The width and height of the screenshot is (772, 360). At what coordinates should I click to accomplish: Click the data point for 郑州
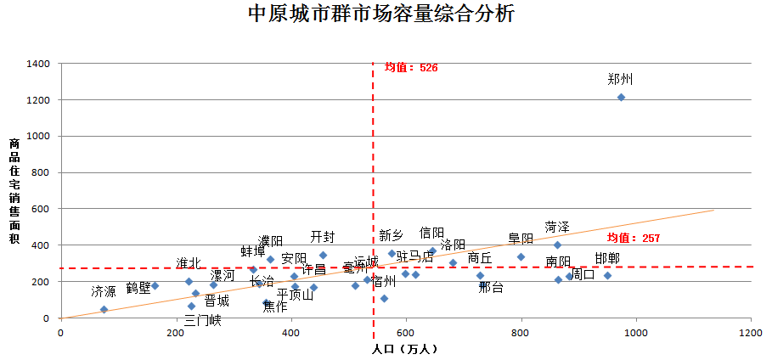point(621,97)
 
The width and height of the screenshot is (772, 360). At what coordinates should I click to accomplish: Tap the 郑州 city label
point(620,79)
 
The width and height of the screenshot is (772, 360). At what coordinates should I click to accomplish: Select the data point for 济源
point(104,309)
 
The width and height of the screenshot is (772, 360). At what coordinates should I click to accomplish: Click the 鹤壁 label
point(138,288)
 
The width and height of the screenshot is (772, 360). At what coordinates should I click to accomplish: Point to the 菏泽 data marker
point(557,245)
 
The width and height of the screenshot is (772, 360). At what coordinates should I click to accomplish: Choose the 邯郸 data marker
point(607,275)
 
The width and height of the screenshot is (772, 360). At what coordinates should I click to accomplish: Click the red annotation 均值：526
point(410,67)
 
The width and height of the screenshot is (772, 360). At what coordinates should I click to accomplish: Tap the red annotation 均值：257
point(633,239)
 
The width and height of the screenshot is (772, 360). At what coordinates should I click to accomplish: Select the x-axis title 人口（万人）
point(405,348)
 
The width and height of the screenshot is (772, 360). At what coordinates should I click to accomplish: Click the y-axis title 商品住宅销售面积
point(14,191)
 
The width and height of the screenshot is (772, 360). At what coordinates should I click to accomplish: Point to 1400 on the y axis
point(39,64)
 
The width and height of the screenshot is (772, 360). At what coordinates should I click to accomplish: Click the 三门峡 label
point(202,320)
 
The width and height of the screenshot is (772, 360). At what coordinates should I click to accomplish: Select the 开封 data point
point(323,255)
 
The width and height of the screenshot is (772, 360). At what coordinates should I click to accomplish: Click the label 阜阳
point(521,239)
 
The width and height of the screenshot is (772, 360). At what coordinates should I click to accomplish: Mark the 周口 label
point(583,274)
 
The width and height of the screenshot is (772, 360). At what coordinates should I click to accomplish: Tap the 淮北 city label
point(189,263)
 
